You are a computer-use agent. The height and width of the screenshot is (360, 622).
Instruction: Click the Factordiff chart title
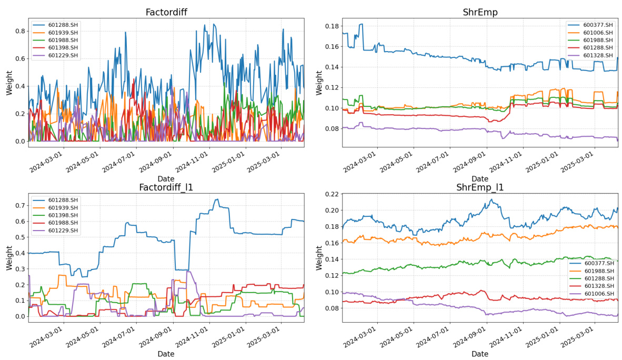pos(166,12)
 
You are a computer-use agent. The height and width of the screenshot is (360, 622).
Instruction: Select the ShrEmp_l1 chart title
pos(480,187)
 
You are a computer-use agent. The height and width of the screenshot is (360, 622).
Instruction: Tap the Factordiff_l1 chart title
pos(166,187)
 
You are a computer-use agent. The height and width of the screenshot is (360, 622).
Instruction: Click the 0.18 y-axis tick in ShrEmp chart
pos(332,26)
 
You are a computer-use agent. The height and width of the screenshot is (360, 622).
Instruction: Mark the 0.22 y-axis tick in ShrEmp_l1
pos(332,194)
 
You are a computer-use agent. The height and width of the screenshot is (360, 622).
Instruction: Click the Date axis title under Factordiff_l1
pos(166,354)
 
